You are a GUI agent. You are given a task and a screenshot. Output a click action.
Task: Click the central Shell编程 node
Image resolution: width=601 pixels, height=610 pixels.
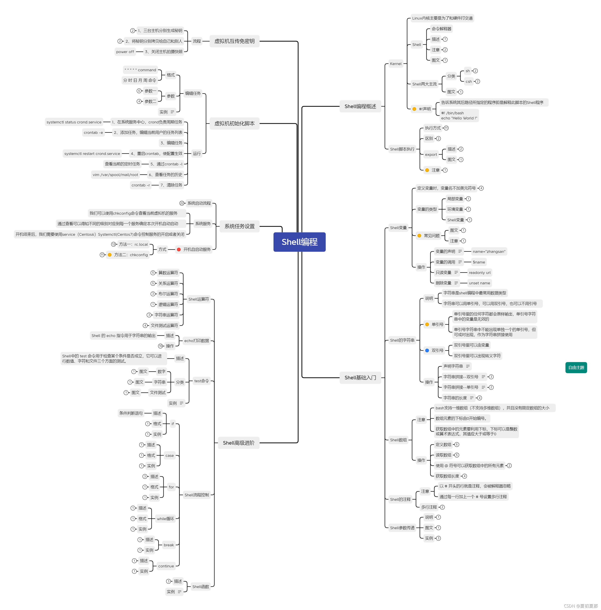tap(299, 242)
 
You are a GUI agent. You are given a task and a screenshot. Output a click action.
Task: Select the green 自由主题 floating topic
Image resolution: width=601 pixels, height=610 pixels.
tap(576, 367)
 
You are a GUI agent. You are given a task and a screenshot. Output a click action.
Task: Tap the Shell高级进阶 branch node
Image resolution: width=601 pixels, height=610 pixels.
tap(238, 443)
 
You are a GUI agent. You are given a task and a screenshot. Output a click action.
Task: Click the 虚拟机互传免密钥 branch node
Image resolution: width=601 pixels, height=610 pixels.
tap(234, 41)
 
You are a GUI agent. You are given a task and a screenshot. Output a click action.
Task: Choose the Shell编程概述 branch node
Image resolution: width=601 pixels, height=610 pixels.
tap(360, 106)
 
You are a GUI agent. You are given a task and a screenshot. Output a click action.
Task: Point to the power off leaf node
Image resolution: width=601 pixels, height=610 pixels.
tap(125, 52)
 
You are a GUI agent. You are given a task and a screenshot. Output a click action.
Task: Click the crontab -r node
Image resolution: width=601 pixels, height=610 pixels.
tap(140, 185)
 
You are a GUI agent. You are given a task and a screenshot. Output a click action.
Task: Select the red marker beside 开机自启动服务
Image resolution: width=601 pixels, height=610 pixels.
tap(179, 250)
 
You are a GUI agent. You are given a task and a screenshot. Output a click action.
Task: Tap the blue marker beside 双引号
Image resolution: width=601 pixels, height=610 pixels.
tap(427, 351)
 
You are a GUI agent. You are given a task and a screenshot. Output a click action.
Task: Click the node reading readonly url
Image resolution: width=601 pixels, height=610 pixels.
tap(479, 273)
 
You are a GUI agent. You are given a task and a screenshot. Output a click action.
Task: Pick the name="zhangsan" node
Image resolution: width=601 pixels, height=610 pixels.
tap(489, 251)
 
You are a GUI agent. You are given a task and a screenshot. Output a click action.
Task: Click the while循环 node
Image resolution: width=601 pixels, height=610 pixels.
tap(165, 519)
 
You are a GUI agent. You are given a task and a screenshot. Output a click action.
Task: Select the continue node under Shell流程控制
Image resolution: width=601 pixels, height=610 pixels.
tap(166, 566)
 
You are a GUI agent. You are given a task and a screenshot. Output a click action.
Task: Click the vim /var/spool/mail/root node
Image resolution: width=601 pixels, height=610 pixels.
tap(115, 175)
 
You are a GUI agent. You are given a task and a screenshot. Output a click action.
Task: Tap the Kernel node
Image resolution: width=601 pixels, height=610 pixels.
tap(395, 64)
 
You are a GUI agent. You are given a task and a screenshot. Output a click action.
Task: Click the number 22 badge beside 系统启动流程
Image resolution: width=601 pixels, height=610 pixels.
tap(182, 203)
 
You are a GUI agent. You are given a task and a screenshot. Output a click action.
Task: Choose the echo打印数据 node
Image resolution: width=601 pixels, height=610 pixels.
tap(196, 341)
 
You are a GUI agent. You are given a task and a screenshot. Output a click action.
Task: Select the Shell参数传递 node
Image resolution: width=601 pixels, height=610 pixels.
tap(402, 528)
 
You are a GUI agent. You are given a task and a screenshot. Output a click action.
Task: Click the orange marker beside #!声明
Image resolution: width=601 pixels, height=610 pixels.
tap(414, 109)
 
